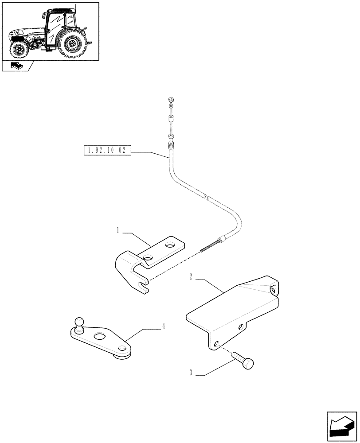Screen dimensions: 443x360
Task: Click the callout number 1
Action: pos(118,230)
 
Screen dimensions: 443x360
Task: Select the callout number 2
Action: pos(190,277)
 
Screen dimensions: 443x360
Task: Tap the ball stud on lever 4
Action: pos(79,322)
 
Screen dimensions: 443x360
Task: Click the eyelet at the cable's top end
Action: pos(171,100)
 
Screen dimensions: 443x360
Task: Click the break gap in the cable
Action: pos(207,198)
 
